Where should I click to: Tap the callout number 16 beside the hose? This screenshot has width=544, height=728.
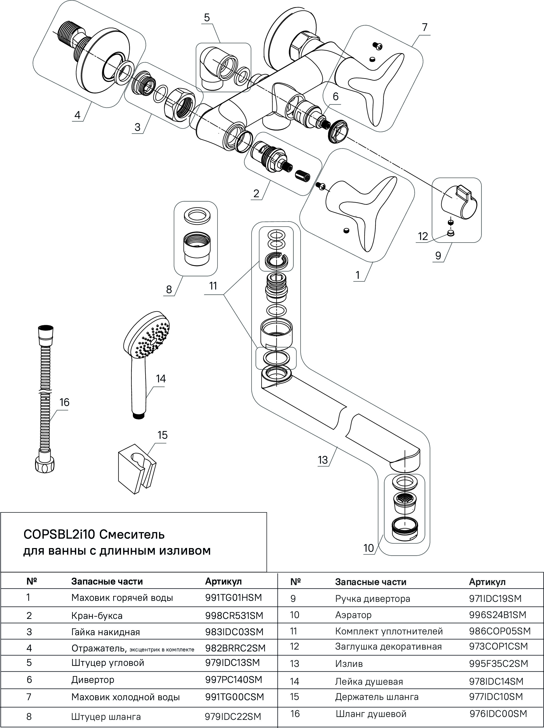(x=64, y=403)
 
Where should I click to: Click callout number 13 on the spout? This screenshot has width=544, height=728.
(x=323, y=460)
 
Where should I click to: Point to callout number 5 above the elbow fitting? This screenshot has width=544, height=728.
(x=206, y=18)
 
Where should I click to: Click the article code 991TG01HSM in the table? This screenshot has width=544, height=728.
(x=233, y=597)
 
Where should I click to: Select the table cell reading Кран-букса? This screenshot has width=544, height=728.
(x=97, y=615)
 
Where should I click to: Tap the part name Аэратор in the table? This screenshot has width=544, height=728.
(x=353, y=615)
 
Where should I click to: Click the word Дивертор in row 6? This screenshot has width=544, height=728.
(x=93, y=680)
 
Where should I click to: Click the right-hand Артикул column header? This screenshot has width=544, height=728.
(x=487, y=582)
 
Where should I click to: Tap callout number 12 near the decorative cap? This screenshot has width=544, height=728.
(x=423, y=236)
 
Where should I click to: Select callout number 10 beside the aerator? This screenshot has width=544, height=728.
(x=369, y=548)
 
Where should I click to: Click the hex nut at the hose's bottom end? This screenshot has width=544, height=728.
(x=45, y=465)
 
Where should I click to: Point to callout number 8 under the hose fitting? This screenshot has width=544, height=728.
(x=169, y=290)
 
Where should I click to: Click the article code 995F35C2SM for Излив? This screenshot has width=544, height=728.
(x=498, y=663)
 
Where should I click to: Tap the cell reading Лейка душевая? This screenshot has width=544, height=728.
(x=369, y=681)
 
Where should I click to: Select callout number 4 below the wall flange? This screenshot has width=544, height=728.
(x=77, y=115)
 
